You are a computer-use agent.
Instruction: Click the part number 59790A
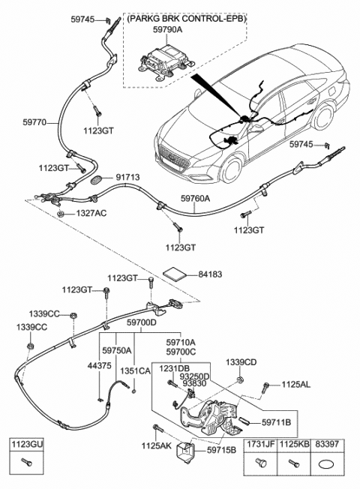coord(167,30)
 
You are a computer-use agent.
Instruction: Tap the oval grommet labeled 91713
coord(96,180)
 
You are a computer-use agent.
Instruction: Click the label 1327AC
coord(91,213)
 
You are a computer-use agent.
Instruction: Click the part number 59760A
coord(196,198)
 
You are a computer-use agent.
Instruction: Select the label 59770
coord(34,122)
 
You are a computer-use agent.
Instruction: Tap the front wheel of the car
coord(232,170)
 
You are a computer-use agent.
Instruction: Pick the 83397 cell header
coord(326,444)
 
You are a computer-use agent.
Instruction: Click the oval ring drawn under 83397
coord(326,465)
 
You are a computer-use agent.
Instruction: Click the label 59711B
coord(277,422)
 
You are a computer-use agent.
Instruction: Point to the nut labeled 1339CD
coord(240,379)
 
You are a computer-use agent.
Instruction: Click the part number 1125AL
coord(296,385)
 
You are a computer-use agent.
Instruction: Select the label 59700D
coord(141,322)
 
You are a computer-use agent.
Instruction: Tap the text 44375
coord(100,365)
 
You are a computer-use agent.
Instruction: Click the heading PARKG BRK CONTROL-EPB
coord(187,19)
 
